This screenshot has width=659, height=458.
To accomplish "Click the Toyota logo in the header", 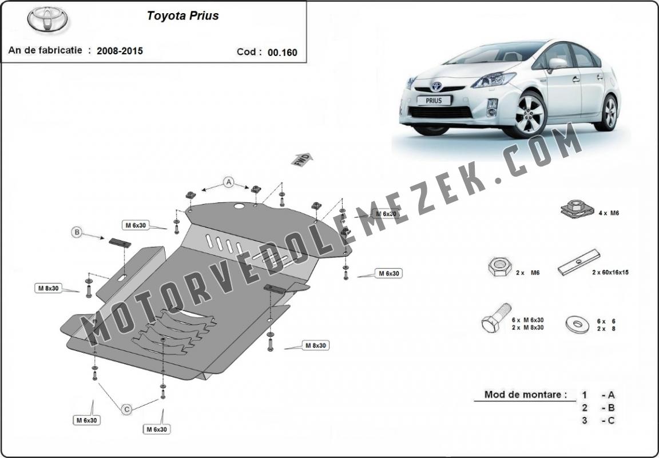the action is (47, 19).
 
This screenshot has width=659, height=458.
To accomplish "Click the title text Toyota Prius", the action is (183, 16).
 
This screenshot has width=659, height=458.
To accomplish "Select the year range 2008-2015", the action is (120, 51).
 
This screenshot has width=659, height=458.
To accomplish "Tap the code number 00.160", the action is (283, 53).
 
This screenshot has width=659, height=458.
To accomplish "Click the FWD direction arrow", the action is (302, 160).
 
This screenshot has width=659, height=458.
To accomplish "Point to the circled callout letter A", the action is (229, 182).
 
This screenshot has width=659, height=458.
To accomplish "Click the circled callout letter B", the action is (77, 232).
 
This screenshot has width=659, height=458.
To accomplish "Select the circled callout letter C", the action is (126, 409).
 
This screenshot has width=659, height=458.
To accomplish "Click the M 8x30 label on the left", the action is (49, 288).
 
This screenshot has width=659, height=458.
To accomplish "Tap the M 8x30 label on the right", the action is (316, 345).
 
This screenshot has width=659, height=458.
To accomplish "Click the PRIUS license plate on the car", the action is (434, 101).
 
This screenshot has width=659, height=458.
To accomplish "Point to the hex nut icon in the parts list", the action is (500, 267).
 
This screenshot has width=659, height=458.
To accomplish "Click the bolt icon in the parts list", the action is (497, 318).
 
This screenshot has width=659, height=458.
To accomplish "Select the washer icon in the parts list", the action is (577, 324).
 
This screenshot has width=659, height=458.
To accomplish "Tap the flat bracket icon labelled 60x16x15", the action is (579, 262).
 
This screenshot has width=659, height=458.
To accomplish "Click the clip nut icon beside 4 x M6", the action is (577, 209).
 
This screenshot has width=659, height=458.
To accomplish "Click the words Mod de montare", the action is (525, 395).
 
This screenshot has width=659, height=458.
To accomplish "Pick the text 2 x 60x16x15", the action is (610, 272).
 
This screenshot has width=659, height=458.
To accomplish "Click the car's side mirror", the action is (558, 63).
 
